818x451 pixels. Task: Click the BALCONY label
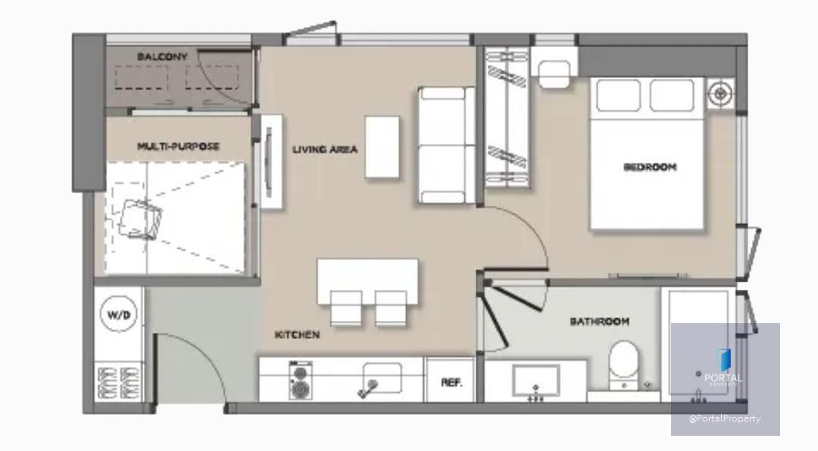coord(162,56)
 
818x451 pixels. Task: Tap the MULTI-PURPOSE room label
coord(178,146)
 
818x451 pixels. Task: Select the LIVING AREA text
coord(324,150)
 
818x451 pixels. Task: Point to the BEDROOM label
coord(650,166)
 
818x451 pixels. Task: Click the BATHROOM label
coord(599,321)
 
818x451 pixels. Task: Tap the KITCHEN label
coord(297,334)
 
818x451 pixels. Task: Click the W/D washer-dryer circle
coord(118,314)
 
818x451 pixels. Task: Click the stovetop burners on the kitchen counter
coord(301,380)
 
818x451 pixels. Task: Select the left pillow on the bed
coord(618,95)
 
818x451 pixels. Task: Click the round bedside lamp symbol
coord(720,94)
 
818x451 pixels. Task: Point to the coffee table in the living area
coord(382,147)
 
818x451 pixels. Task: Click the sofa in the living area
coord(447,145)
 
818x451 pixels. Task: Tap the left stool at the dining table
coord(346,308)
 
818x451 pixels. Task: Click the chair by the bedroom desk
coord(554,73)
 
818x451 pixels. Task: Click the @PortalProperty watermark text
coord(725,418)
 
